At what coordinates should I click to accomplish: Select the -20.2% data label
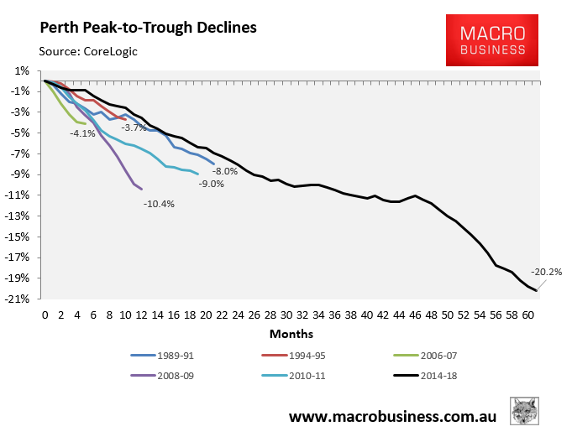coord(547,272)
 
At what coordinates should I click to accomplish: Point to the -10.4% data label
coord(159,204)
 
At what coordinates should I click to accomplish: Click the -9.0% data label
coord(211,184)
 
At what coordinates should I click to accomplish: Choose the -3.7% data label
coord(134,127)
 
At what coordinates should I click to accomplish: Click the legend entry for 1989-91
coord(167,355)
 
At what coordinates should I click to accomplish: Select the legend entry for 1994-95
coord(300,355)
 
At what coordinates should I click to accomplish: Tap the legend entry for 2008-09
coord(167,375)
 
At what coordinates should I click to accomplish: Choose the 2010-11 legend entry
coord(300,375)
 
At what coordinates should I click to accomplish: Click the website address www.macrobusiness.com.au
coord(392,416)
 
